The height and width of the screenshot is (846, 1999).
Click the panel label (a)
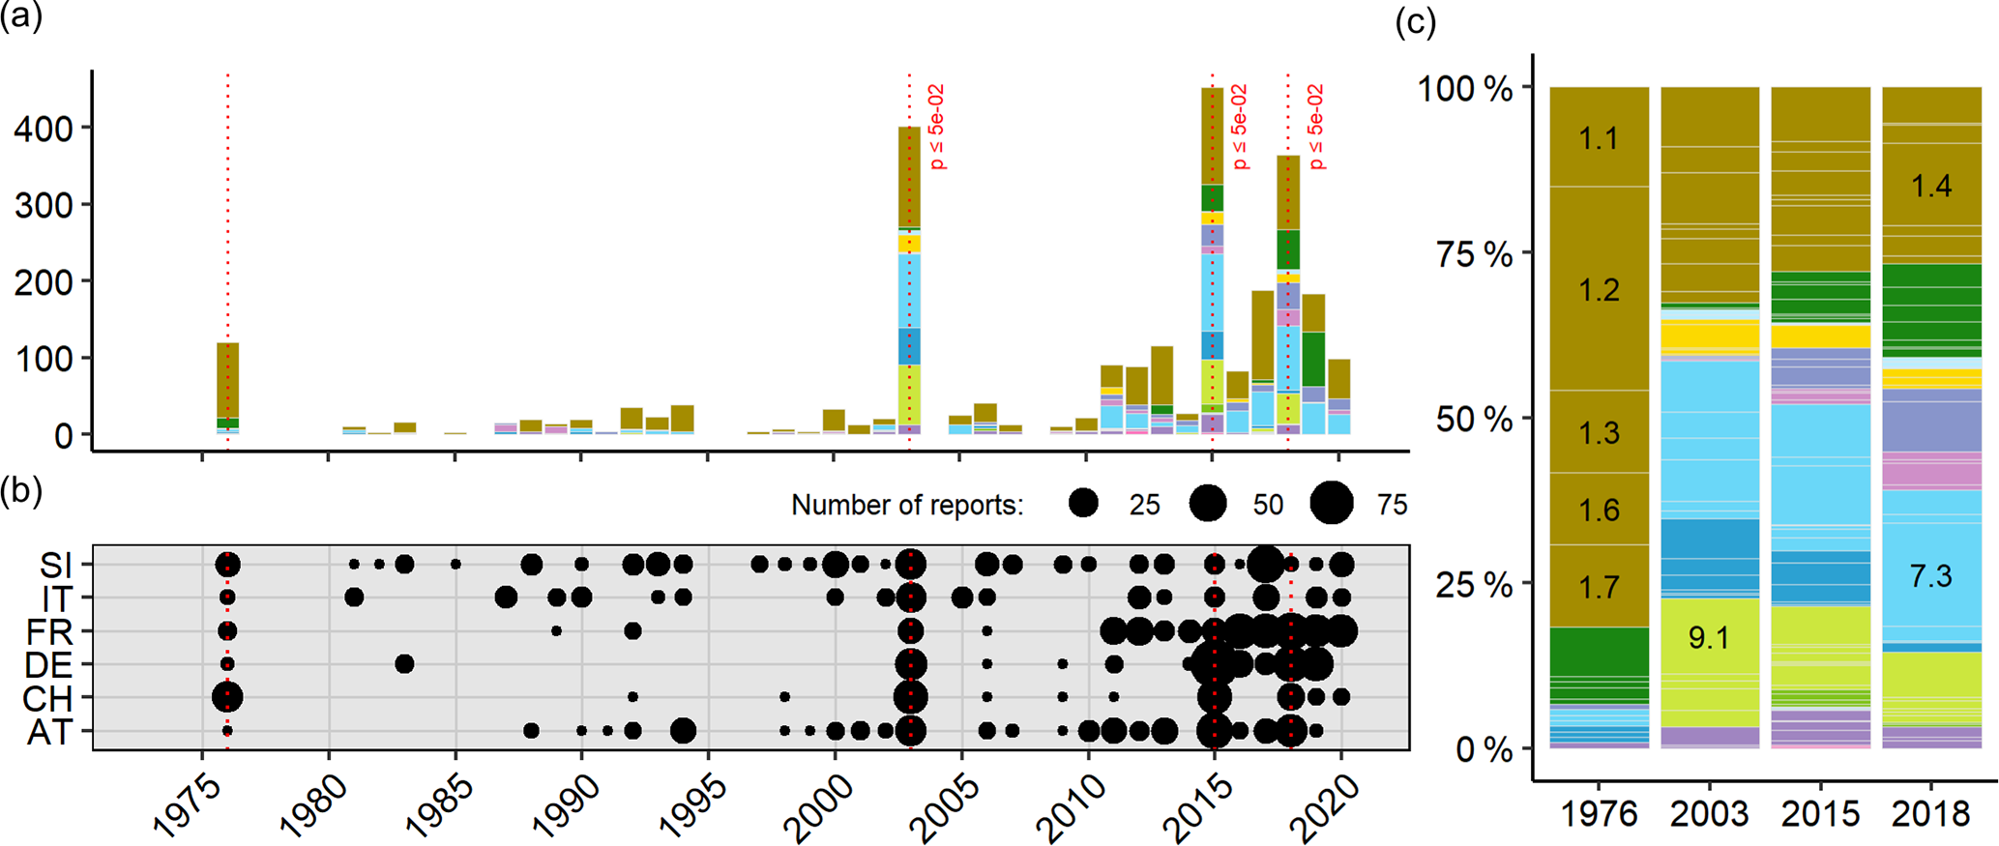21,16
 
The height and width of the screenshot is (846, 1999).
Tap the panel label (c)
1415,21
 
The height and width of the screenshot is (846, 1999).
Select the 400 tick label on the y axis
43,128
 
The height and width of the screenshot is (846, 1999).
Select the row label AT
49,732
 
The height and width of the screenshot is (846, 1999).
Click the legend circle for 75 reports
1332,504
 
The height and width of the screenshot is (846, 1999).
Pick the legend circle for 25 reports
1084,504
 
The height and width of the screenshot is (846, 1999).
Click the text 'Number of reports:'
907,505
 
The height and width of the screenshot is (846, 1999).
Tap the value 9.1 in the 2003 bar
1709,638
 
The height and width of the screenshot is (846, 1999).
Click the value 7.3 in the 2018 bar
1930,577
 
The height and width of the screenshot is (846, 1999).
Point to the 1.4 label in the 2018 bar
1930,186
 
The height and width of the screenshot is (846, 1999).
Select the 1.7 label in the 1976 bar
1599,586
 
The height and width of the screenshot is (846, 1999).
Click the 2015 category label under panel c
1819,814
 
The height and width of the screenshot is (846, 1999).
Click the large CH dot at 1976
227,696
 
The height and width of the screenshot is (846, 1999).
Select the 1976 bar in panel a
227,387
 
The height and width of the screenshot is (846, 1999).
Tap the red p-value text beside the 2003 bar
936,127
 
